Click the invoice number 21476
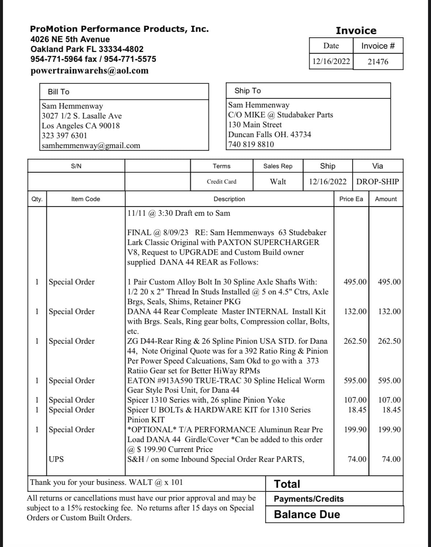(x=378, y=62)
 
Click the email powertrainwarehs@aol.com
(x=90, y=71)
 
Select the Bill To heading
(x=58, y=92)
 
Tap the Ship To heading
(x=247, y=91)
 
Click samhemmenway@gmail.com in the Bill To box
(x=91, y=146)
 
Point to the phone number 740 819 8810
(x=251, y=144)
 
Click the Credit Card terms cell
(x=222, y=182)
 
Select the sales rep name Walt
(x=278, y=182)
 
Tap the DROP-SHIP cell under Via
(x=378, y=182)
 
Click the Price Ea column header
(x=351, y=199)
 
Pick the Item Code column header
(x=86, y=199)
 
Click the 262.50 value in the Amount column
(x=389, y=341)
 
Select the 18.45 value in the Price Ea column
(x=357, y=410)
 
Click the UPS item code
(x=56, y=459)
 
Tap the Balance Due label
(x=307, y=514)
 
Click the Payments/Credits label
(x=309, y=499)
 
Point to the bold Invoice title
(x=356, y=31)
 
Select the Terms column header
(x=222, y=166)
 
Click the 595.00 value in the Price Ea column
(x=355, y=381)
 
